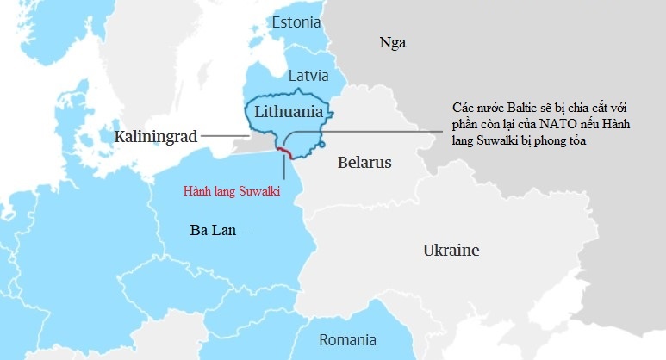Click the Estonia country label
296,22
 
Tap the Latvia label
308,76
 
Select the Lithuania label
289,112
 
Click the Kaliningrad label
156,136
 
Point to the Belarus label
364,162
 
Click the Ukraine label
451,251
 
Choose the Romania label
347,339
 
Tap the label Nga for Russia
392,42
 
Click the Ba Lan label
213,230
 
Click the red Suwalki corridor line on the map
284,152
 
